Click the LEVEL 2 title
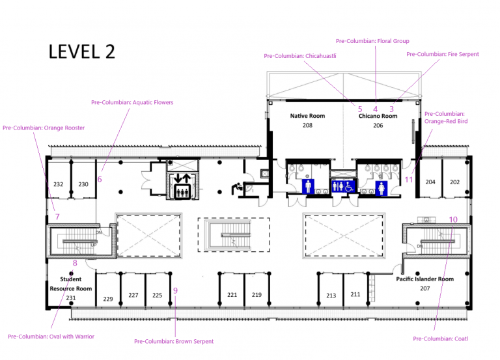tap(81, 51)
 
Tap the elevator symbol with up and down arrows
tap(182, 186)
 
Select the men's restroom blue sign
tap(308, 186)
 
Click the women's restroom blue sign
tap(382, 188)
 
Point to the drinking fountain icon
tap(236, 188)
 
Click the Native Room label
tap(307, 116)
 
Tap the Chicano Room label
tap(378, 116)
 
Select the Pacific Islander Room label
tap(424, 279)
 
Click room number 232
tap(59, 184)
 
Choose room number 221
tap(232, 295)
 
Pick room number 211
tap(355, 294)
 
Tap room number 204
tap(430, 182)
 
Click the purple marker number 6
tap(100, 179)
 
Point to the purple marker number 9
tap(175, 290)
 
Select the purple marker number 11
tap(409, 180)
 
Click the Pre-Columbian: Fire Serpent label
tap(443, 54)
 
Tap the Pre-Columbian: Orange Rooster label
tap(44, 128)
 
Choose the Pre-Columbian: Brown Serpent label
tap(174, 341)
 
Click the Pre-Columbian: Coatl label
tap(440, 339)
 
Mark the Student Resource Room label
tap(71, 284)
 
